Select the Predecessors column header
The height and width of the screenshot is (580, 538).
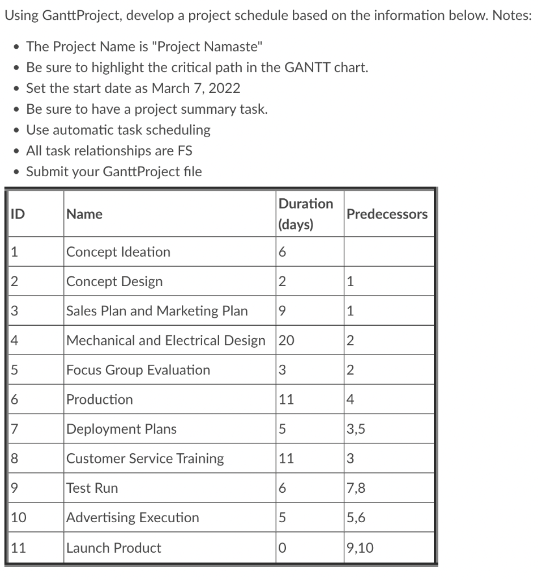coord(387,214)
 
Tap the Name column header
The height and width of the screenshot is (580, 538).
coord(84,214)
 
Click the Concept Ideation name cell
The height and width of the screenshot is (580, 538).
coord(118,252)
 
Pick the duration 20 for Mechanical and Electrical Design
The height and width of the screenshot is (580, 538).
coord(287,340)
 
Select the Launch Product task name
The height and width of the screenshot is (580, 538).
coord(114,548)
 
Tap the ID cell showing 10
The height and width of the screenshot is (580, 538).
coord(19,518)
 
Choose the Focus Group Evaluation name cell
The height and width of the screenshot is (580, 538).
coord(138,370)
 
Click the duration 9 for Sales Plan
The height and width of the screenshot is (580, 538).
coord(282,311)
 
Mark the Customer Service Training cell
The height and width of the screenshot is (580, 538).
coord(145,459)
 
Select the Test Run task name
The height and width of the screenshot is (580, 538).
coord(92,488)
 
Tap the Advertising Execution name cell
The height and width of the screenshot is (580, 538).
coord(133,518)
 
